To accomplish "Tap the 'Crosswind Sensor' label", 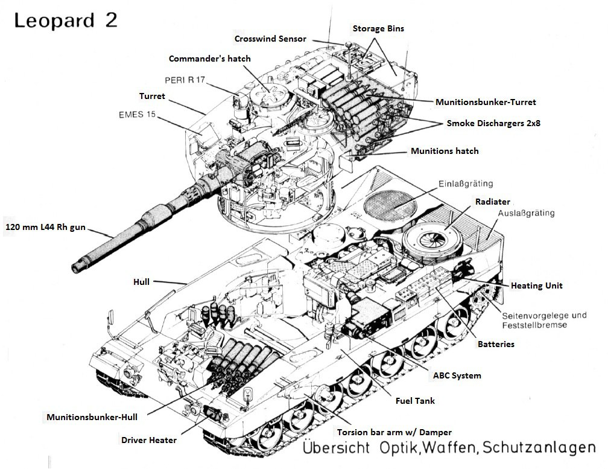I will click(270, 39).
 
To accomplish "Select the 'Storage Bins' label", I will click(378, 28).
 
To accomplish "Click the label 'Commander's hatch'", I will click(209, 59).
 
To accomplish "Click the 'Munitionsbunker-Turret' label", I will click(486, 102).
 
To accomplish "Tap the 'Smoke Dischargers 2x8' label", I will click(493, 123).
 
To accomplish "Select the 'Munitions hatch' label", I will click(445, 151).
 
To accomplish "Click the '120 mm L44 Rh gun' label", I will click(45, 228).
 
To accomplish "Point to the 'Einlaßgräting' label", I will click(466, 183).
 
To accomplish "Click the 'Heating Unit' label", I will click(537, 286).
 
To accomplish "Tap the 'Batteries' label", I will click(496, 344).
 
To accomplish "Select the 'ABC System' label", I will click(457, 375).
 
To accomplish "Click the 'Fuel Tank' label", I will click(415, 401).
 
